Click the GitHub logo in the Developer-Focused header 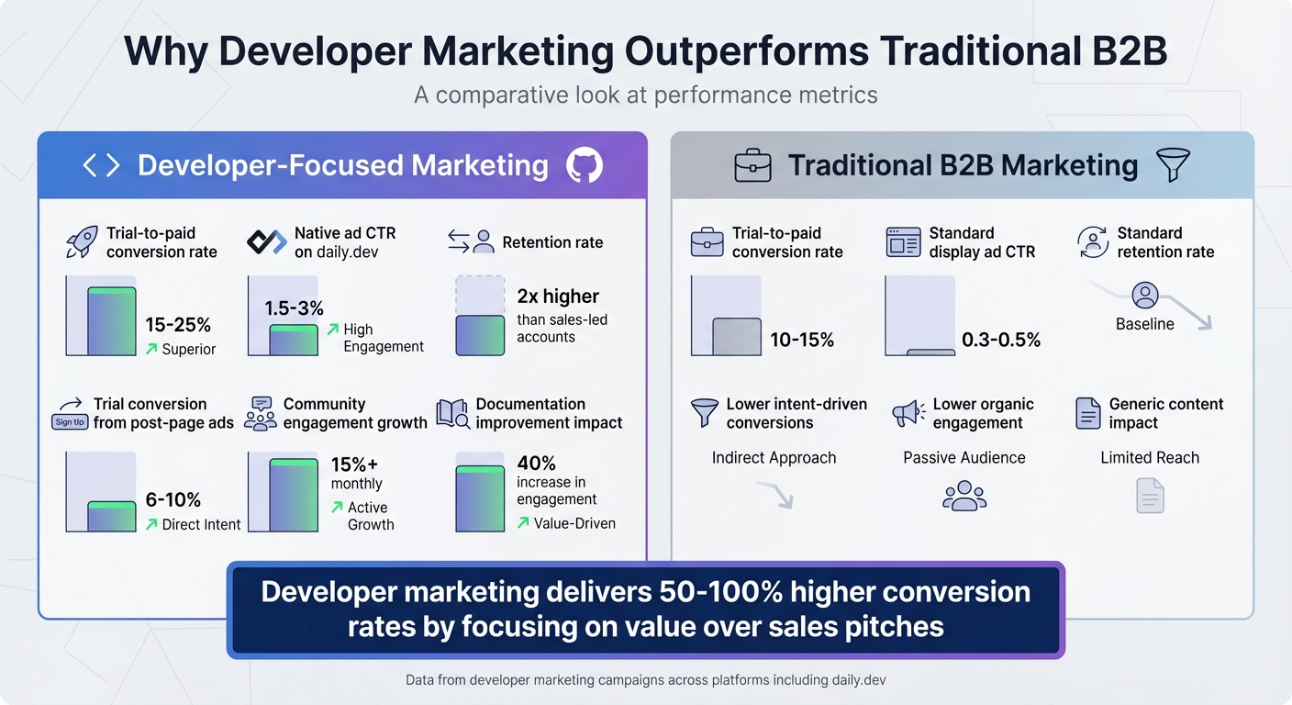pyautogui.click(x=585, y=165)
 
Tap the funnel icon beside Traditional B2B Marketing pyautogui.click(x=1173, y=165)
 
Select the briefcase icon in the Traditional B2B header pyautogui.click(x=752, y=166)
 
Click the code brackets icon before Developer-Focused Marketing pyautogui.click(x=101, y=165)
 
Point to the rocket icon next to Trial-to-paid pyautogui.click(x=82, y=242)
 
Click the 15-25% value pyautogui.click(x=178, y=325)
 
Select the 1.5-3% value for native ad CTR pyautogui.click(x=294, y=308)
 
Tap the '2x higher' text pyautogui.click(x=558, y=297)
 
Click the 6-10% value pyautogui.click(x=173, y=500)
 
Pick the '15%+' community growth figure pyautogui.click(x=355, y=464)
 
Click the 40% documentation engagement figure pyautogui.click(x=536, y=463)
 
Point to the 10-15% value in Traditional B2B pyautogui.click(x=802, y=341)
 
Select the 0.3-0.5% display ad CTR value pyautogui.click(x=1001, y=341)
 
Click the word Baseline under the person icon pyautogui.click(x=1144, y=324)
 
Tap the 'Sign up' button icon pyautogui.click(x=70, y=422)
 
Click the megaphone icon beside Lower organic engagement pyautogui.click(x=908, y=413)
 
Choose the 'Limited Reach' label pyautogui.click(x=1150, y=458)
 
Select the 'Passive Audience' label pyautogui.click(x=963, y=458)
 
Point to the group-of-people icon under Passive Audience pyautogui.click(x=963, y=497)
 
